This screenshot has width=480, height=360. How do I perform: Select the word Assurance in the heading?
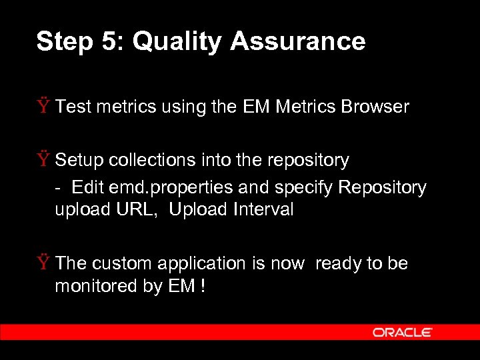298,42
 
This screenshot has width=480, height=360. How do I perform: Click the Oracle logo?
403,332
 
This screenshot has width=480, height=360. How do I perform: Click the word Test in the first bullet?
73,107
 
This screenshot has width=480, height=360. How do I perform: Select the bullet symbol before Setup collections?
44,160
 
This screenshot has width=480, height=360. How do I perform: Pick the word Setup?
79,160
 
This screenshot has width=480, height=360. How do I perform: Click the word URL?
142,209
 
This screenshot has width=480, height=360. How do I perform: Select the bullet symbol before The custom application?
44,263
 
